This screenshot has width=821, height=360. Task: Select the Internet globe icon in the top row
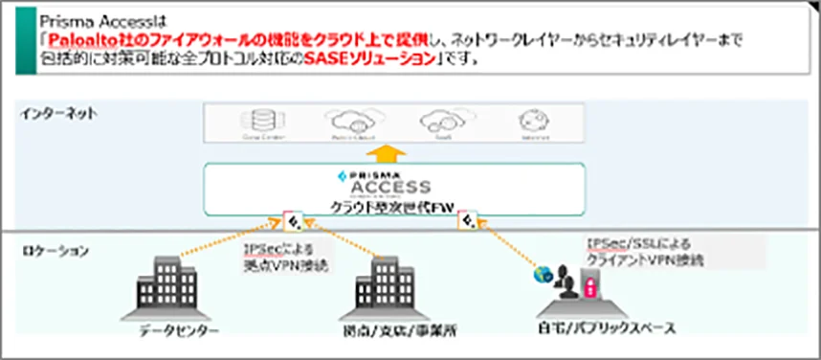(528, 123)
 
